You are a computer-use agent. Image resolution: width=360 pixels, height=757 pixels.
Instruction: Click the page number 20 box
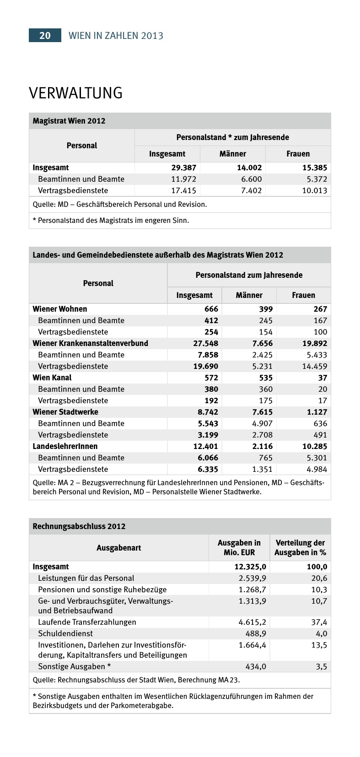[x=45, y=35]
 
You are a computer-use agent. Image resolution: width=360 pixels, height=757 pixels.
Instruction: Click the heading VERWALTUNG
[x=76, y=93]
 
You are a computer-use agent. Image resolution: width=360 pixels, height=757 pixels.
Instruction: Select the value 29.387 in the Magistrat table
[x=183, y=168]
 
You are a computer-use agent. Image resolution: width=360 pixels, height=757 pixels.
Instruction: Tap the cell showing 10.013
[x=314, y=191]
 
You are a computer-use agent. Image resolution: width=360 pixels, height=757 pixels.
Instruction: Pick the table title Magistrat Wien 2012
[x=69, y=121]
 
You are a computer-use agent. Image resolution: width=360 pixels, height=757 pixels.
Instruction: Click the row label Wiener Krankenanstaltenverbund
[x=91, y=343]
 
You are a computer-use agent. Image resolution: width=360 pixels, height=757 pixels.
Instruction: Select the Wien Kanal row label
[x=52, y=378]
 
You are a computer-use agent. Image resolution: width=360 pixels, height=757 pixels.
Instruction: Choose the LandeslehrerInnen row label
[x=65, y=446]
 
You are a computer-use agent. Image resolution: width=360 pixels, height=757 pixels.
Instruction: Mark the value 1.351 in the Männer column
[x=262, y=469]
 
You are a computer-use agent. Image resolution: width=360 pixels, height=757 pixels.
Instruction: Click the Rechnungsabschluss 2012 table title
[x=79, y=526]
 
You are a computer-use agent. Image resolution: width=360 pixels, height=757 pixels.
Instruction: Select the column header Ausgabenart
[x=119, y=548]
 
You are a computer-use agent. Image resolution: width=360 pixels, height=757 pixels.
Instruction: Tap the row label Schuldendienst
[x=65, y=634]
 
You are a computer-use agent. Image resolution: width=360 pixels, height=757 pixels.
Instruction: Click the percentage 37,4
[x=319, y=622]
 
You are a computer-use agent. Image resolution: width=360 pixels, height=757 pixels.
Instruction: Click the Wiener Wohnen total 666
[x=211, y=309]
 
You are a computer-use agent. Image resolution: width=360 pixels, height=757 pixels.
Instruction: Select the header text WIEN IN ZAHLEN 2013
[x=116, y=36]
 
